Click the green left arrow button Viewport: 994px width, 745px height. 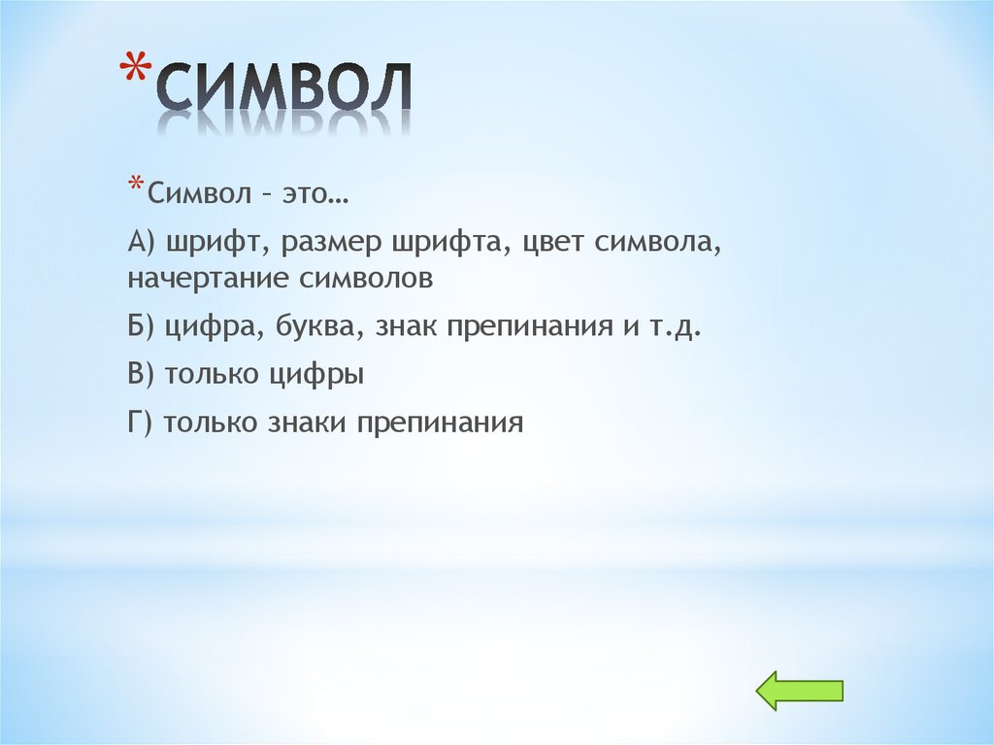click(x=799, y=691)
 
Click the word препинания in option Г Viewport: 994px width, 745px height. click(x=442, y=423)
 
